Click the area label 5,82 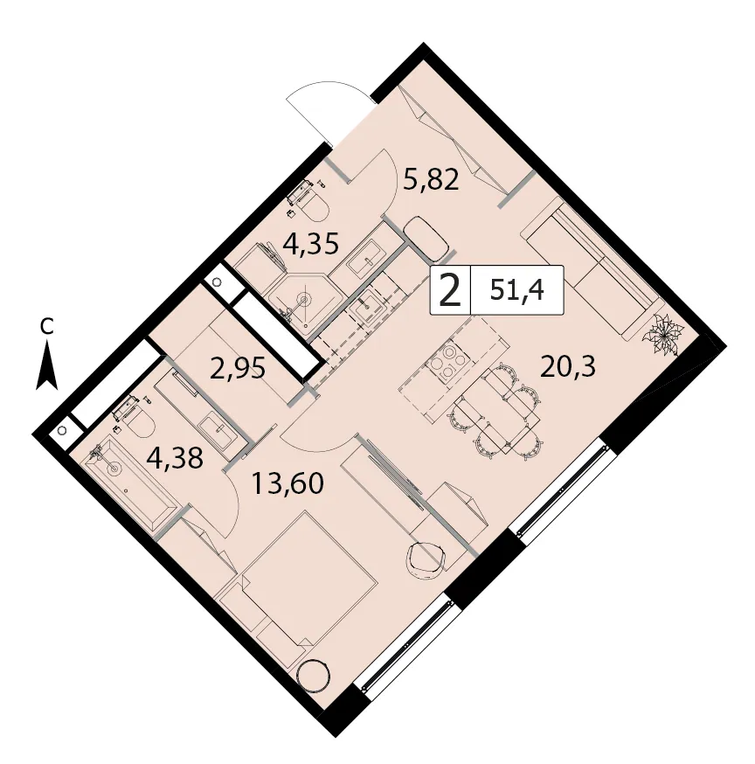432,180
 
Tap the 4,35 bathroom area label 311,243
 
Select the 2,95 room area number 238,368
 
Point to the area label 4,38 175,458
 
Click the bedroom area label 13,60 287,483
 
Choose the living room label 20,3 567,366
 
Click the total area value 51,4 517,291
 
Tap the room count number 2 450,291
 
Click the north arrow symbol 47,365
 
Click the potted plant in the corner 663,335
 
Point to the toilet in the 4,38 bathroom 134,418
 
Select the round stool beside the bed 313,676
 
